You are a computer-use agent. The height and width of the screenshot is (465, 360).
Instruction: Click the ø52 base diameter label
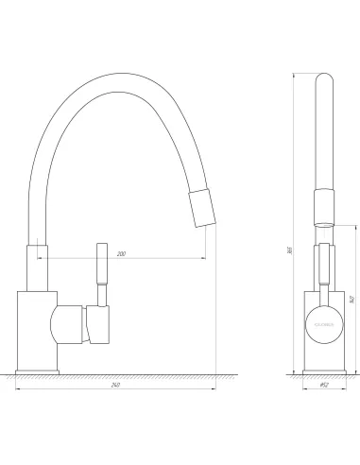point(321,385)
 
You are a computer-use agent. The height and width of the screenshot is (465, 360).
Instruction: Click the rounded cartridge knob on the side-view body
point(70,323)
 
